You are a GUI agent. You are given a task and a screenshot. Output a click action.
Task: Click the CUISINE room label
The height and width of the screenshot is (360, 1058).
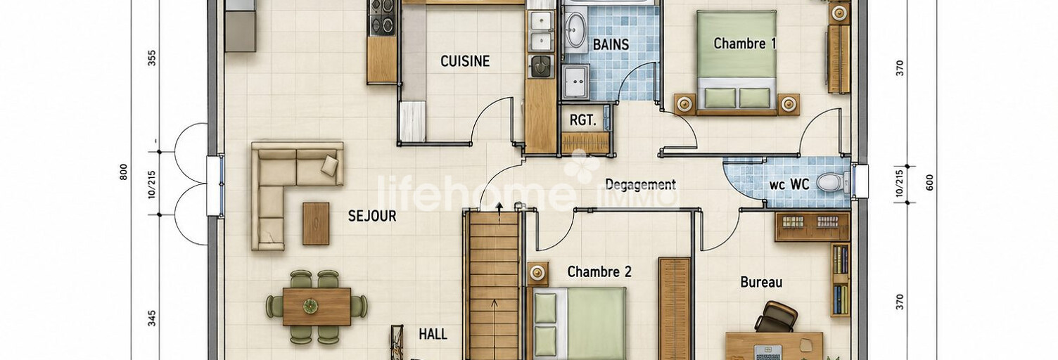465,61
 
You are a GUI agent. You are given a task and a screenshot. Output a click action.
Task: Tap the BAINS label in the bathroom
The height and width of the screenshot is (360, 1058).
611,45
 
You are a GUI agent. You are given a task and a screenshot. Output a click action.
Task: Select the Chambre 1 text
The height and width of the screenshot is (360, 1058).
745,44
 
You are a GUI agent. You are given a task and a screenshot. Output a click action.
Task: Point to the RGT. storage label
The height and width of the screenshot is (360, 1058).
583,120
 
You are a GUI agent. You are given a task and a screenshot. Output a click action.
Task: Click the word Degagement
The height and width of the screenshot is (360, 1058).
640,184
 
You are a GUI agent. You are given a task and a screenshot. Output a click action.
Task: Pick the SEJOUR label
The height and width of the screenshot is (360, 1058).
372,216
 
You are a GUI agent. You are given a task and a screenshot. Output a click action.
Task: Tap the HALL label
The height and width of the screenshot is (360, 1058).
433,334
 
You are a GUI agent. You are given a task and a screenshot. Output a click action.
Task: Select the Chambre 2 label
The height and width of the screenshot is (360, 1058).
599,272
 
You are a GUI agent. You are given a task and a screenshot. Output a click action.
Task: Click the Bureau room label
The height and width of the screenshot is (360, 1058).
761,282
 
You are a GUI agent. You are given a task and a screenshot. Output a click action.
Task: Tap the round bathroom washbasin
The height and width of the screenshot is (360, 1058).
575,30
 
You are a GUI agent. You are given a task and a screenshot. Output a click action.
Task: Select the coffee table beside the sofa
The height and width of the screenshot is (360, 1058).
316,224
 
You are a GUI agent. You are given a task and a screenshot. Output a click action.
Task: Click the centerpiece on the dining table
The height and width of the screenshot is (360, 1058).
310,306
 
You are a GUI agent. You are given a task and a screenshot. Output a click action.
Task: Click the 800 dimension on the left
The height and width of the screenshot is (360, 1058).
123,173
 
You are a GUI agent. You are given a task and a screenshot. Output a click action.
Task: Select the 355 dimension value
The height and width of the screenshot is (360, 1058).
152,58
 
